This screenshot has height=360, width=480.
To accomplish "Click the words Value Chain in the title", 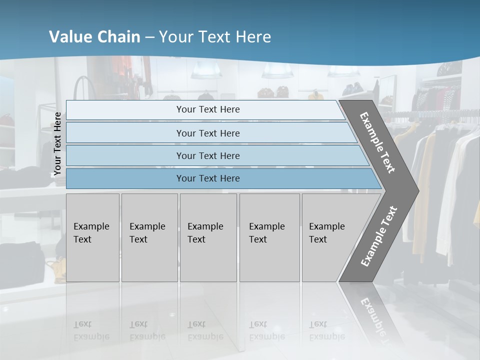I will [95, 37].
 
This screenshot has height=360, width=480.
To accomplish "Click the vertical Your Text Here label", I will [57, 144].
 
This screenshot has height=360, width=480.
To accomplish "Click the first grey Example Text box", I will [92, 237].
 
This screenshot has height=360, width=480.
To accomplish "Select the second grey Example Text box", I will [149, 237].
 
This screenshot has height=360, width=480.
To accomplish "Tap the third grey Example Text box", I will [208, 237].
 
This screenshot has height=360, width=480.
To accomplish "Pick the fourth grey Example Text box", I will [269, 237].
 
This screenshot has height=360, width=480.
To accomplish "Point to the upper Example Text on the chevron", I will [377, 142].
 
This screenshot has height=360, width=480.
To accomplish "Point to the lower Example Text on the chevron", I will [378, 236].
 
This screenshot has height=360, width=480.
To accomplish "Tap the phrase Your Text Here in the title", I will [215, 37].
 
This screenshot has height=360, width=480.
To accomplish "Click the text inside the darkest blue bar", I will [208, 178].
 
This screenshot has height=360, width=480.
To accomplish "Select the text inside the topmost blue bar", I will [208, 109].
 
